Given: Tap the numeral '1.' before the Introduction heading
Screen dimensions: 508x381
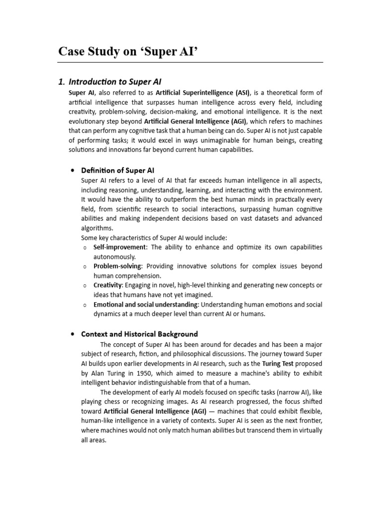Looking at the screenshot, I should coord(62,81).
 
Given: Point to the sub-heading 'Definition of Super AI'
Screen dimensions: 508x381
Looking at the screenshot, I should coord(118,170).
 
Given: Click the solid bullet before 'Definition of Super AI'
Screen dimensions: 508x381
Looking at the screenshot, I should coord(73,170).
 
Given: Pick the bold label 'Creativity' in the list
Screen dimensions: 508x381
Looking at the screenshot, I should coord(108,285).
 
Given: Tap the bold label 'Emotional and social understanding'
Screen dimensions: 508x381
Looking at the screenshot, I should coord(146,304).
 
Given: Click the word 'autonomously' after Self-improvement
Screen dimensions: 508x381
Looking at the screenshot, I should coord(114,256).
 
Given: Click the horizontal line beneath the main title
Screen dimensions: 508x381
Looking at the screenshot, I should coord(190,63).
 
